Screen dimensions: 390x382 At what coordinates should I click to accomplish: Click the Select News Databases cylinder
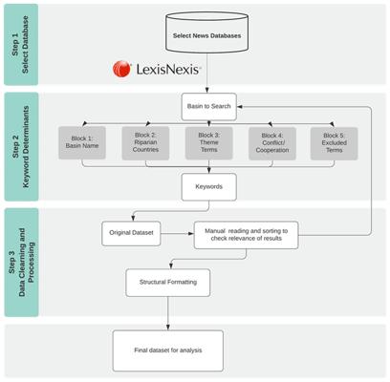click(206, 32)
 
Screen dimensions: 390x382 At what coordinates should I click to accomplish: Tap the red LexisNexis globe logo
click(121, 69)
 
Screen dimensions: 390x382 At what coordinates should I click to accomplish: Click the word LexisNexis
click(168, 69)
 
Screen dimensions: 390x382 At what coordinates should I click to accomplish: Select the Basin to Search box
click(209, 107)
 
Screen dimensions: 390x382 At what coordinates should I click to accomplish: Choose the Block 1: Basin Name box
click(82, 142)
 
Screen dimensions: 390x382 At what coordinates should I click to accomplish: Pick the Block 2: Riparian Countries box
click(145, 142)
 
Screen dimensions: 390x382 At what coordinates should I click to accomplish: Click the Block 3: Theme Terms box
click(209, 142)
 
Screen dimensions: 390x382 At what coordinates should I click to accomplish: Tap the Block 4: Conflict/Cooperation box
click(272, 143)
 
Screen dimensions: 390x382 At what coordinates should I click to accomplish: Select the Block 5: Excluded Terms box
click(334, 143)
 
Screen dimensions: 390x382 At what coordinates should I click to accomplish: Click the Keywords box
click(209, 187)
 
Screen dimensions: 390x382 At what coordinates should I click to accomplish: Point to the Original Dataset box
click(131, 234)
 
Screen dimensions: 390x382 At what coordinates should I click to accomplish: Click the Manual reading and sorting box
click(247, 235)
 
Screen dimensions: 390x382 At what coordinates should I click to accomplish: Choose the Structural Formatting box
click(168, 283)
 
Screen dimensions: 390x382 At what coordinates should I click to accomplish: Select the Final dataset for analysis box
click(168, 350)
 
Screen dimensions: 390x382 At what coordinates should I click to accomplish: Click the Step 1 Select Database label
click(20, 45)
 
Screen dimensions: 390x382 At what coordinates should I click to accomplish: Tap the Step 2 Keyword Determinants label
click(21, 147)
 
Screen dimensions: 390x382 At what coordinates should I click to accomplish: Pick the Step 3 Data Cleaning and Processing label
click(21, 262)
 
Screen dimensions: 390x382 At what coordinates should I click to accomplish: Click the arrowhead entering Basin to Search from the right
click(240, 107)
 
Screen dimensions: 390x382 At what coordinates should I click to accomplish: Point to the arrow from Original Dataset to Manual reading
click(177, 234)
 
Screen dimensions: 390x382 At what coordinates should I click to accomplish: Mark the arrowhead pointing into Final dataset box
click(168, 328)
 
